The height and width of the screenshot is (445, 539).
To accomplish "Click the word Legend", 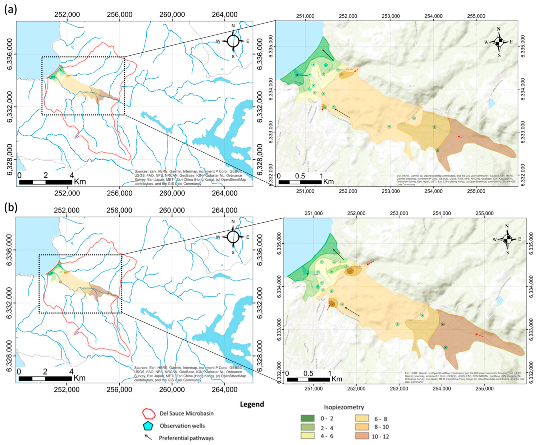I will (x=252, y=404).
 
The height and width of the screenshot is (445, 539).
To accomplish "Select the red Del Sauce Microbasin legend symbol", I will (x=149, y=413).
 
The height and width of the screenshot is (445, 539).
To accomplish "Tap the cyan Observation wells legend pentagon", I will (x=148, y=426).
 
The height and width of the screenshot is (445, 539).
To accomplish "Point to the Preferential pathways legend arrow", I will (x=148, y=437).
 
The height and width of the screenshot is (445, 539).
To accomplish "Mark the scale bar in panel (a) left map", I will (x=46, y=182).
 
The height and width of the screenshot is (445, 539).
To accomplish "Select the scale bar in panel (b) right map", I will (x=308, y=379).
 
